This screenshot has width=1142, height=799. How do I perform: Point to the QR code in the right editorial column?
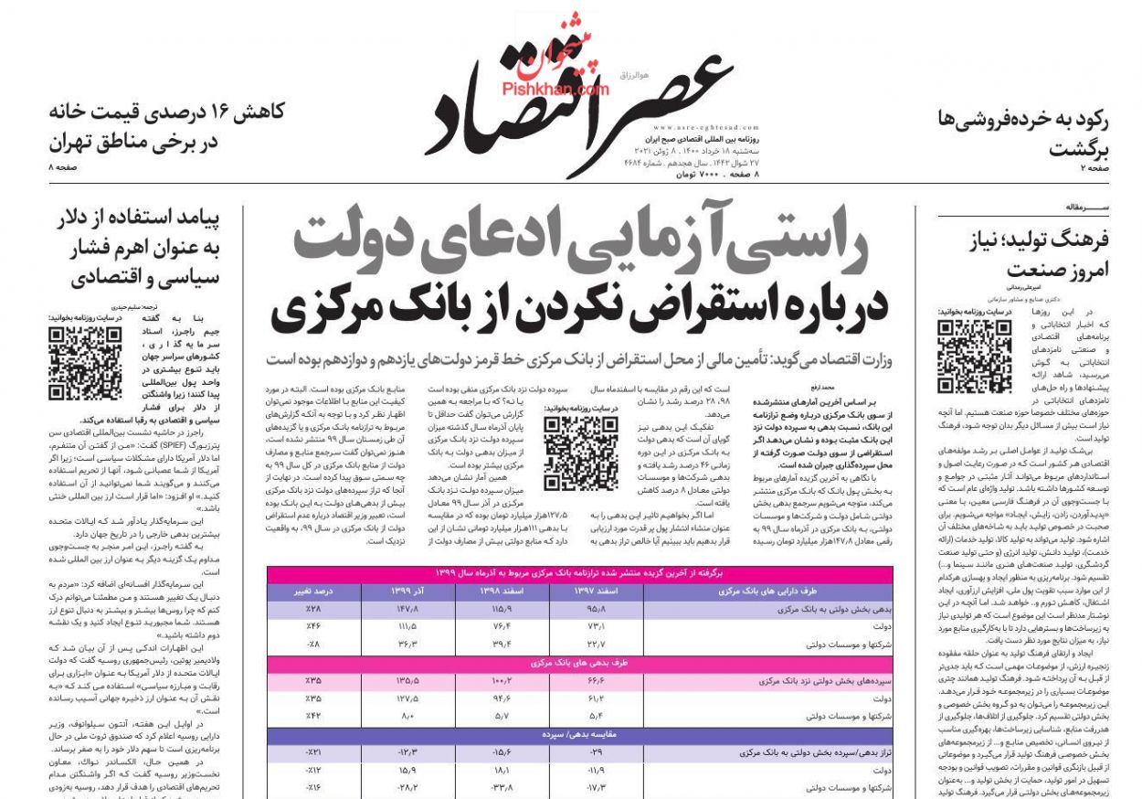click(x=975, y=356)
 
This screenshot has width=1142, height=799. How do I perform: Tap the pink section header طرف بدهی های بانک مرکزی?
click(x=579, y=663)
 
